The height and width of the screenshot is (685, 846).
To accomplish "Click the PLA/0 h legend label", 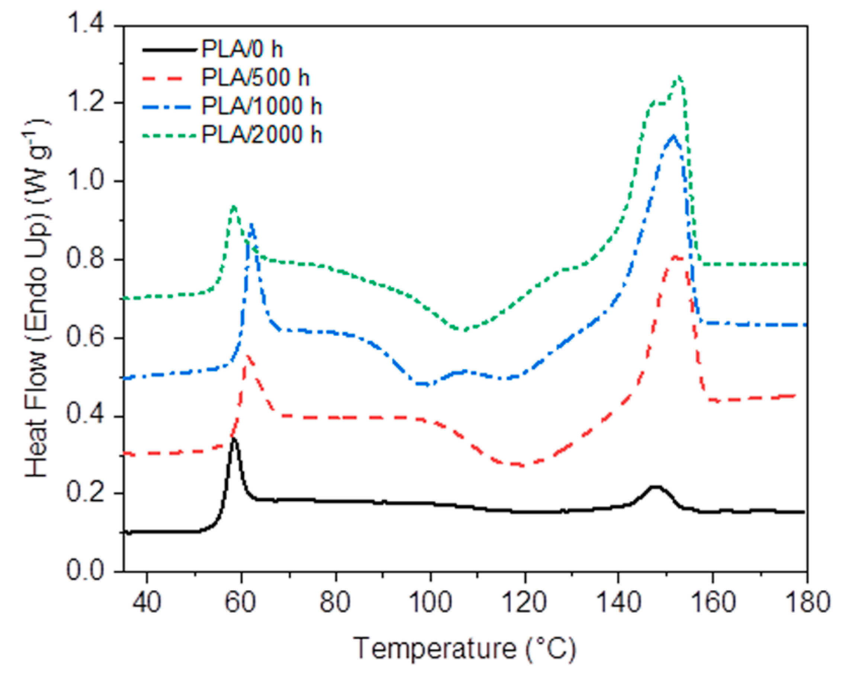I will pos(242,49).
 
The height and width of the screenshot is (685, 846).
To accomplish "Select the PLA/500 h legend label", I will pos(255,78).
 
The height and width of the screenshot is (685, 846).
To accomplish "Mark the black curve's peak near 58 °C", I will pos(234,439).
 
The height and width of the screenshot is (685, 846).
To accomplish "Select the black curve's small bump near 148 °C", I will pos(655,488).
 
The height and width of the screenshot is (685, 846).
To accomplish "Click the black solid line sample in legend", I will pos(170,50).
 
